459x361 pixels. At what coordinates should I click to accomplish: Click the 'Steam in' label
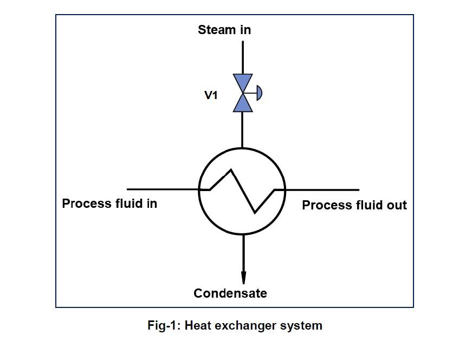[224, 30]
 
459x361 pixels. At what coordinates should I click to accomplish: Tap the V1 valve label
[211, 95]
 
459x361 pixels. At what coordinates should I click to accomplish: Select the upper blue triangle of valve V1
[243, 82]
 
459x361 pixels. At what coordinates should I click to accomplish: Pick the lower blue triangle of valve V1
[243, 104]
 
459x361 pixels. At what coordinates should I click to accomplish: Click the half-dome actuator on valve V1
[259, 93]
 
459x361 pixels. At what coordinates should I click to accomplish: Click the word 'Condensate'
[230, 293]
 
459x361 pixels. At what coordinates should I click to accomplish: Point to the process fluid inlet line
[163, 189]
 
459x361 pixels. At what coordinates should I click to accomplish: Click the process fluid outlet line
[322, 190]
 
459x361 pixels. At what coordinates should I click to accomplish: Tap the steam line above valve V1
[243, 56]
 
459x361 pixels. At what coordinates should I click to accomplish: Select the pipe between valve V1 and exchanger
[243, 130]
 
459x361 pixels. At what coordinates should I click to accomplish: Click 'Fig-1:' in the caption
[164, 326]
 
